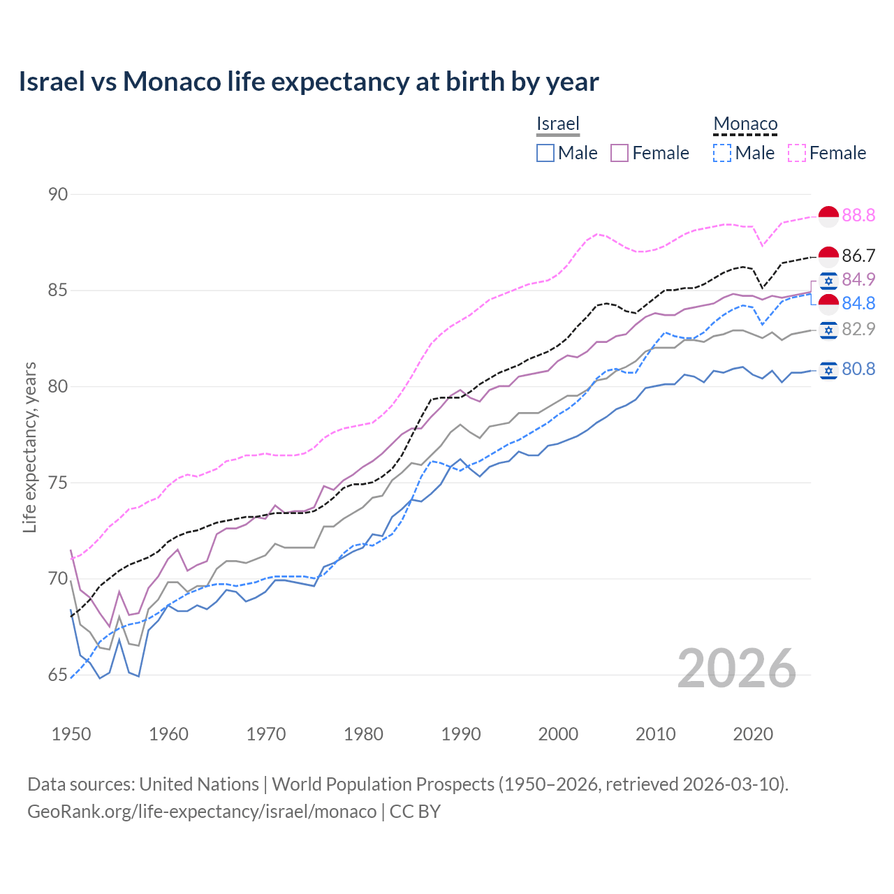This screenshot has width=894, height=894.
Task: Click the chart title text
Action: [x=308, y=82]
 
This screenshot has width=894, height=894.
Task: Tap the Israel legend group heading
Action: [x=557, y=124]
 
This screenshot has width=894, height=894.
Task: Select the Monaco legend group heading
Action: [x=745, y=124]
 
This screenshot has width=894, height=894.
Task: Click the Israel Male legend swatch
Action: [x=545, y=153]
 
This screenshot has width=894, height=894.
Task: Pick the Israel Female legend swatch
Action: [x=620, y=153]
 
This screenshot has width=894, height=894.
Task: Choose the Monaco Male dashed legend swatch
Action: [x=722, y=153]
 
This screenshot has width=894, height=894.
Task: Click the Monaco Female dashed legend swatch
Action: [x=797, y=153]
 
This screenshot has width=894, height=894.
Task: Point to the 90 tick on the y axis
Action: [x=58, y=194]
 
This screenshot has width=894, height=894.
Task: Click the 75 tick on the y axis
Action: [x=58, y=483]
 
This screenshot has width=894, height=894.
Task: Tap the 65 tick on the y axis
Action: [x=58, y=675]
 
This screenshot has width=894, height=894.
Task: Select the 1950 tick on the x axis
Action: [x=71, y=734]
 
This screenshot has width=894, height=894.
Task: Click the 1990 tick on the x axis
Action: [x=461, y=734]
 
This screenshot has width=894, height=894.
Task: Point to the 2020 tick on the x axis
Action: [x=753, y=734]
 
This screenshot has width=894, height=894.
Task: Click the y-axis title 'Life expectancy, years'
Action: [x=29, y=447]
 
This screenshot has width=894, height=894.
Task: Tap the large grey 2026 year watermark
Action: [x=736, y=668]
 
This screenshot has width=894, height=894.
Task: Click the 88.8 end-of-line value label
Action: [x=858, y=215]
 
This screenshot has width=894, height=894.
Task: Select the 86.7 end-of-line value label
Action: [x=858, y=256]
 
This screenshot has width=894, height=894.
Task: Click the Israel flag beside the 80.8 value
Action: [x=828, y=369]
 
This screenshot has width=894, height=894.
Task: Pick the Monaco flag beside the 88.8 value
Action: [x=828, y=217]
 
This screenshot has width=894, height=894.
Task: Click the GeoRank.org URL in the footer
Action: [x=202, y=812]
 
